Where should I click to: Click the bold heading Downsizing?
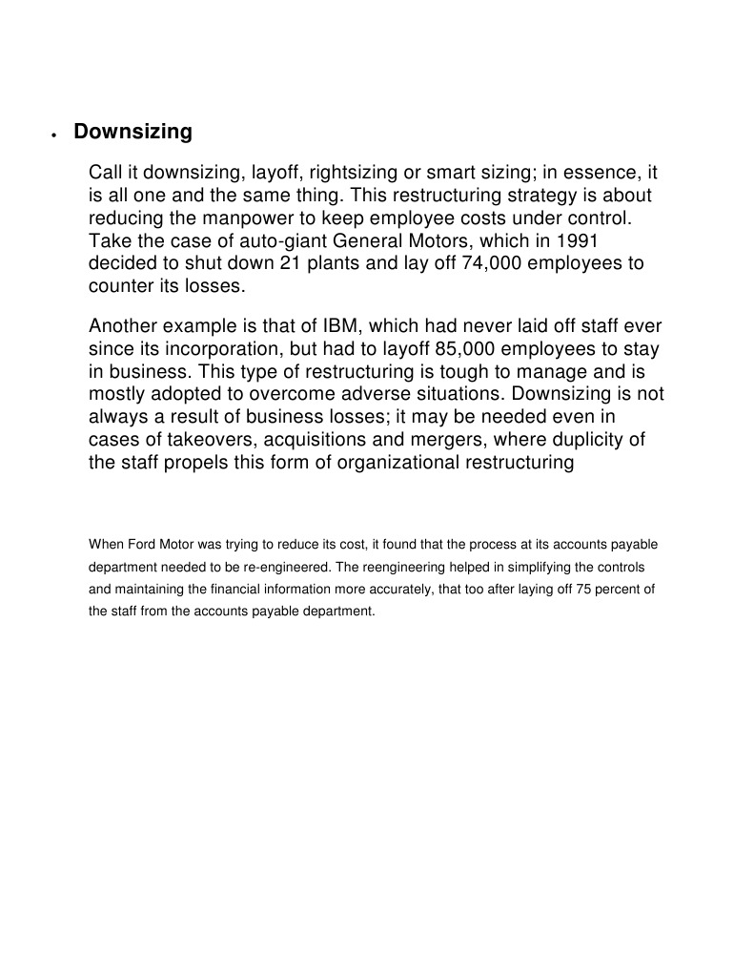point(132,132)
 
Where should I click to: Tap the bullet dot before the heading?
point(54,135)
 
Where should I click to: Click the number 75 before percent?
point(566,590)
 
